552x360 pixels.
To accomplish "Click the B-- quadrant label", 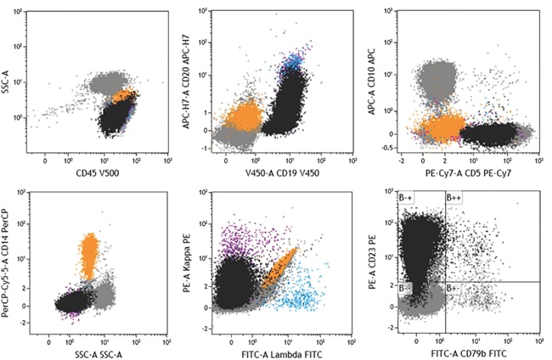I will pos(406,289).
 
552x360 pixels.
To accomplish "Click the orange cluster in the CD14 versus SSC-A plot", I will pos(89,255).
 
